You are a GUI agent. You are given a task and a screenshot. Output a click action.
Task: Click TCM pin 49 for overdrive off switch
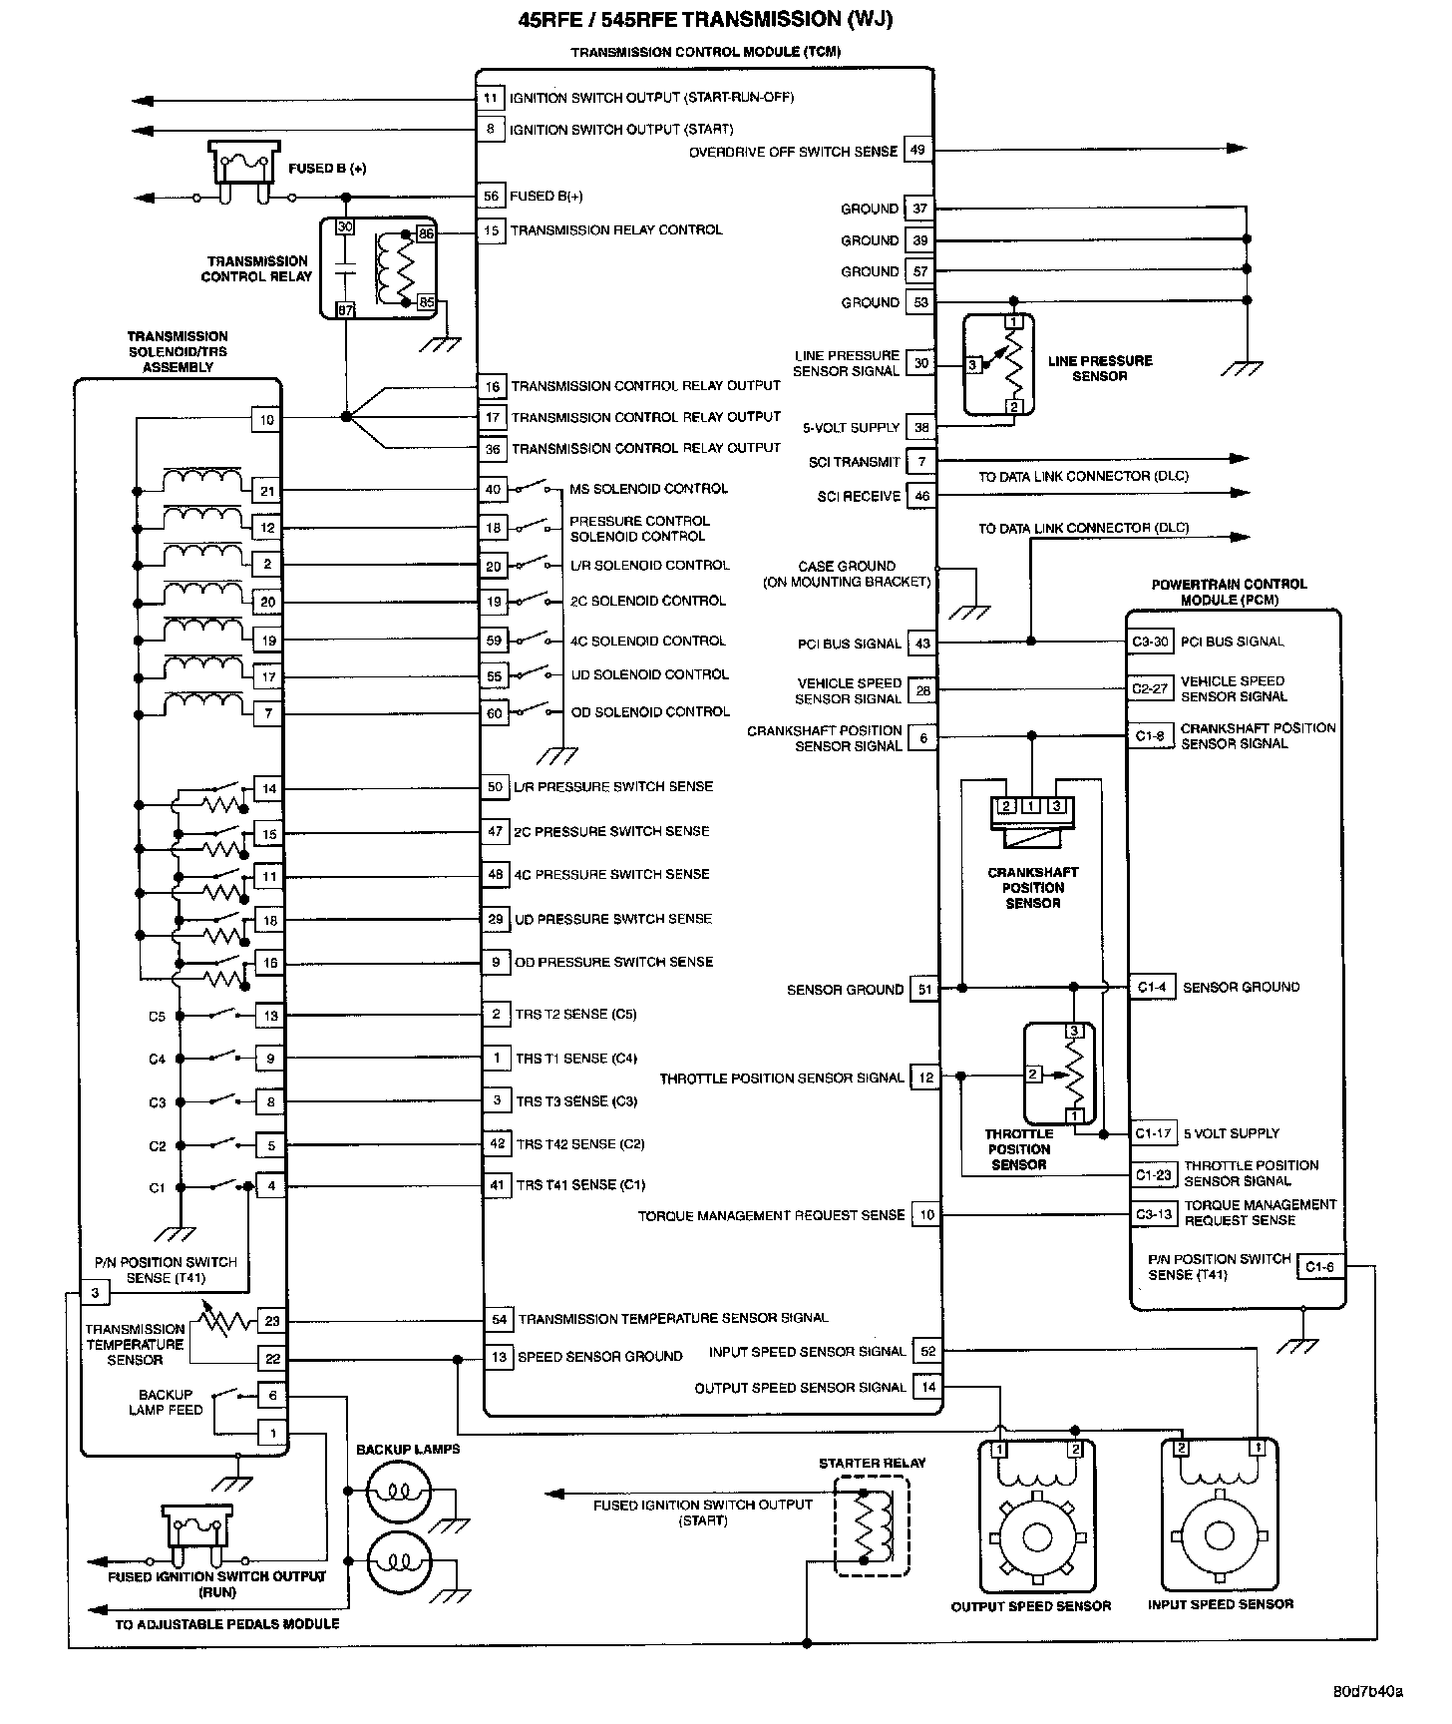[x=917, y=151]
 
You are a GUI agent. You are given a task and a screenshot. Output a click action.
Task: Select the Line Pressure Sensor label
[x=1100, y=368]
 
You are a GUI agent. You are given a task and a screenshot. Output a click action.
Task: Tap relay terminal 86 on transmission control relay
[x=426, y=233]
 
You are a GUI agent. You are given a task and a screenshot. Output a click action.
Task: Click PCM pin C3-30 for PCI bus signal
[x=1150, y=642]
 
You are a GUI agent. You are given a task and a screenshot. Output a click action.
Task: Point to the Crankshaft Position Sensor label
[x=1033, y=887]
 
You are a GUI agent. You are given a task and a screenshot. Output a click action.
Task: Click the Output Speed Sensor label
[x=1031, y=1606]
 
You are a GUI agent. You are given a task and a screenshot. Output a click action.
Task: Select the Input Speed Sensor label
[x=1221, y=1604]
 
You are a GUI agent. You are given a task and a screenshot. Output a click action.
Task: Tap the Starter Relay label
[x=872, y=1463]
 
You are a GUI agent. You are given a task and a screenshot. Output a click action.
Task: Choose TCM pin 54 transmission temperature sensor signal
[x=500, y=1319]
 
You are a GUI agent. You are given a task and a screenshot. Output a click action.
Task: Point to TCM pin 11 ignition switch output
[x=490, y=98]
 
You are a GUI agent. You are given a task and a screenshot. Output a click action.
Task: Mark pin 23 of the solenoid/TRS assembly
[x=271, y=1321]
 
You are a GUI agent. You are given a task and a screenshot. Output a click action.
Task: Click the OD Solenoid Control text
[x=650, y=711]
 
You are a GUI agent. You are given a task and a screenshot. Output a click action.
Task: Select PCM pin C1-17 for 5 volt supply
[x=1153, y=1133]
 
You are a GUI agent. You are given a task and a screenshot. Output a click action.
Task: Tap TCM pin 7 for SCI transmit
[x=921, y=462]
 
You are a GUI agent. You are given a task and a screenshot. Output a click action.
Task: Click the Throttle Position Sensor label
[x=1019, y=1149]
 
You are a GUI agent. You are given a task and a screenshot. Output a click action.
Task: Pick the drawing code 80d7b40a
[x=1368, y=1692]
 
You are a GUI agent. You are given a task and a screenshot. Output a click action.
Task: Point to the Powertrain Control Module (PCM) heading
[x=1229, y=592]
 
